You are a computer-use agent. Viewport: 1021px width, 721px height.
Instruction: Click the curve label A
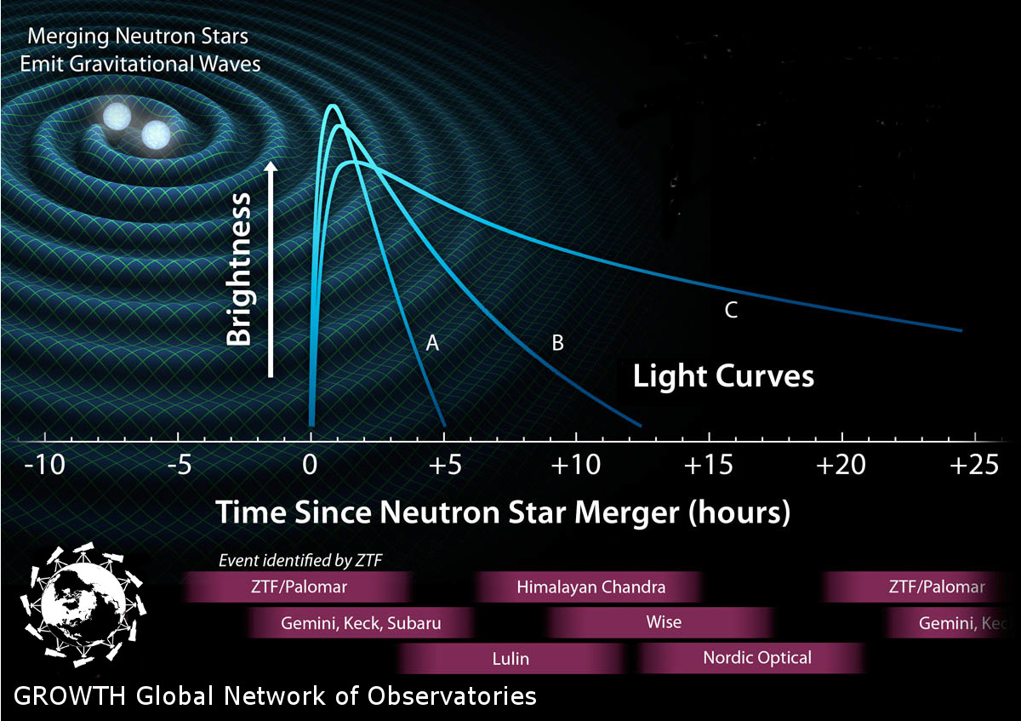(x=432, y=343)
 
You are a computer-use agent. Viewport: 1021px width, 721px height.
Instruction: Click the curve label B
(x=557, y=343)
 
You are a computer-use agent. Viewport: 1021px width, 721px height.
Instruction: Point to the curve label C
(x=731, y=310)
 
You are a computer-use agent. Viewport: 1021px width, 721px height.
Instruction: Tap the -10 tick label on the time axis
(x=44, y=466)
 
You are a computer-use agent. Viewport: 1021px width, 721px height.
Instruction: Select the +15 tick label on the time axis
(x=709, y=466)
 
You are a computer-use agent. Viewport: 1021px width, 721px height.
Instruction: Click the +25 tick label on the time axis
(x=974, y=466)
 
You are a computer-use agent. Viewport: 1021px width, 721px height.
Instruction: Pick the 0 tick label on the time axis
(x=310, y=466)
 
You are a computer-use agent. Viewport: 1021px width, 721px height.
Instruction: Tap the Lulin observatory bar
(x=510, y=659)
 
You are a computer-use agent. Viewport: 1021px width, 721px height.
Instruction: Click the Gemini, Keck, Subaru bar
(x=361, y=623)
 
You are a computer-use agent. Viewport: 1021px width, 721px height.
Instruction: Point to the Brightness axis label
(x=238, y=269)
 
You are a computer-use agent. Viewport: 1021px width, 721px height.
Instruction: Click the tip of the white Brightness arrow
(x=271, y=162)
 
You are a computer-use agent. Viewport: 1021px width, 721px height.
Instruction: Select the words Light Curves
(x=723, y=377)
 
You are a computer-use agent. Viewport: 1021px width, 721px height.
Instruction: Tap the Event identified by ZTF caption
(x=299, y=560)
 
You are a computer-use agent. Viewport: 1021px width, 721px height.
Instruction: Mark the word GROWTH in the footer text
(x=69, y=696)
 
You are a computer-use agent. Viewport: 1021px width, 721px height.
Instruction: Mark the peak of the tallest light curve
(x=334, y=106)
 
